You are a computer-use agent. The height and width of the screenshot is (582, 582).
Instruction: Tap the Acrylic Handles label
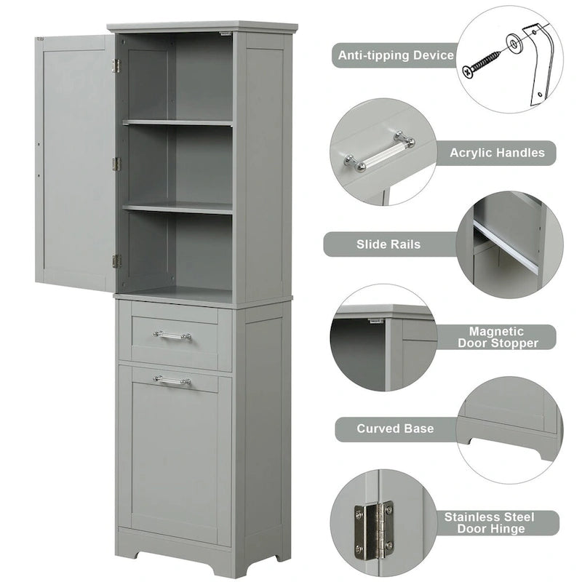click(497, 153)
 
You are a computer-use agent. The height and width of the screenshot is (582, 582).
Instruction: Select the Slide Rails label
click(388, 244)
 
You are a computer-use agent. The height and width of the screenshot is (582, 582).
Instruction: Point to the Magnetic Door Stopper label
click(503, 337)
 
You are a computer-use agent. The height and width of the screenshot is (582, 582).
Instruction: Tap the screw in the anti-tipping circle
click(482, 61)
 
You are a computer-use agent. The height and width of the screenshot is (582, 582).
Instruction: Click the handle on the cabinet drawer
click(172, 335)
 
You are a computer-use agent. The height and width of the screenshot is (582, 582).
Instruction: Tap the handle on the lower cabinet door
click(172, 380)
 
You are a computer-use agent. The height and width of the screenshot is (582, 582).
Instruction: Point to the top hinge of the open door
click(116, 65)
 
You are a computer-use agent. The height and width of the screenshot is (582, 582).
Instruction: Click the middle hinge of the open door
click(116, 164)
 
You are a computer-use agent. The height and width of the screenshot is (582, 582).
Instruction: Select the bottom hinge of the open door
click(116, 260)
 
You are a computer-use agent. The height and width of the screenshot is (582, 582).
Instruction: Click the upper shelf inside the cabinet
click(178, 122)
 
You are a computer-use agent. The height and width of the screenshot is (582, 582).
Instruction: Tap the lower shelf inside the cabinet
click(178, 208)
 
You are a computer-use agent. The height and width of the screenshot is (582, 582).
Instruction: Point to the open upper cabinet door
click(75, 160)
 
